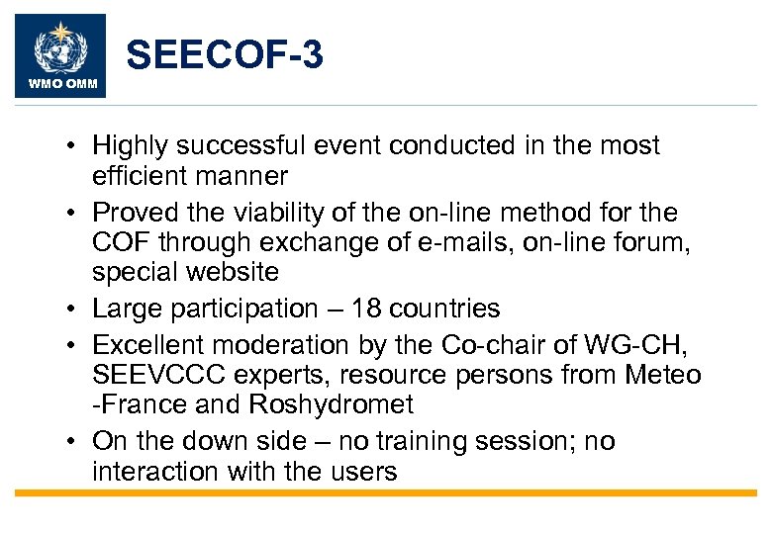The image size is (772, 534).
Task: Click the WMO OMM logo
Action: (x=61, y=55)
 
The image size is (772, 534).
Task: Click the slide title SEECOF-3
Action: (x=225, y=56)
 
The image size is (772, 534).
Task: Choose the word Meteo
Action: (x=665, y=376)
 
